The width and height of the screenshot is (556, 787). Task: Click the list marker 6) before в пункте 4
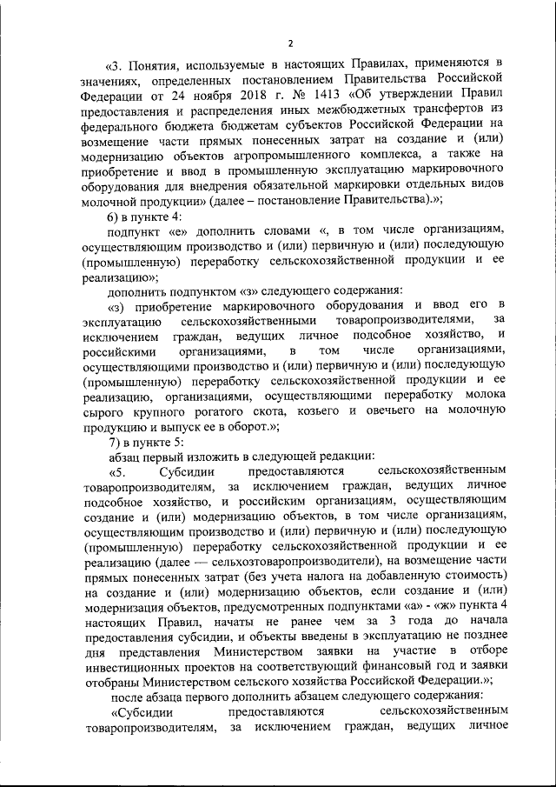[x=114, y=213]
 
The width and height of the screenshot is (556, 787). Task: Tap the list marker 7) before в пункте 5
[x=114, y=440]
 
